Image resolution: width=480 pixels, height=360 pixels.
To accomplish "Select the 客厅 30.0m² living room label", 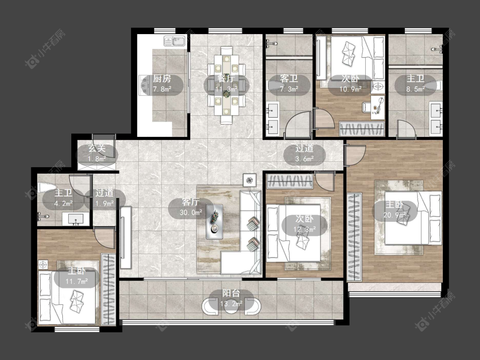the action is click(x=191, y=207).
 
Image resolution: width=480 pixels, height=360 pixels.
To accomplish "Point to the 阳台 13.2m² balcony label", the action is click(x=231, y=298).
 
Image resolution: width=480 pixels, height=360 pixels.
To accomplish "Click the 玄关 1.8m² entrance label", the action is click(x=97, y=154).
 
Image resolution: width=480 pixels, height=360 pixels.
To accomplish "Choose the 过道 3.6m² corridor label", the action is click(x=304, y=154).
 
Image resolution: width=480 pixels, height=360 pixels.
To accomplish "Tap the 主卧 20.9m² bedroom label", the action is click(x=395, y=210).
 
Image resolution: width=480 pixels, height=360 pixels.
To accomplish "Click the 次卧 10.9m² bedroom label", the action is click(x=351, y=84).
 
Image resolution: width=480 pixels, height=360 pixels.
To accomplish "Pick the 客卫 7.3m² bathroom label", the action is click(x=289, y=84).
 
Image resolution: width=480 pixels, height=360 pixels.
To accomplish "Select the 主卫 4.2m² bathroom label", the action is click(x=64, y=197).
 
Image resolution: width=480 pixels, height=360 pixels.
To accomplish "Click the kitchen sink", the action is click(x=175, y=41).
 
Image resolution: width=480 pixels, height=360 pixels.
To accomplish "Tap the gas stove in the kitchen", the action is click(x=144, y=85).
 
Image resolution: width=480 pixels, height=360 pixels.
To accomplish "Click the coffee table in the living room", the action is click(x=214, y=221).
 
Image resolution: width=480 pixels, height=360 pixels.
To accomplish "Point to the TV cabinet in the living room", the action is click(x=126, y=238).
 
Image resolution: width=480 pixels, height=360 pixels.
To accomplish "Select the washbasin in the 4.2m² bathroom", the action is click(x=76, y=219).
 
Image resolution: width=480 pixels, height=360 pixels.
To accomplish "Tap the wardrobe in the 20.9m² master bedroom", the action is click(x=354, y=237).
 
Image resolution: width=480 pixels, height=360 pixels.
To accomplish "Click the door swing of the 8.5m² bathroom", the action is click(x=406, y=128).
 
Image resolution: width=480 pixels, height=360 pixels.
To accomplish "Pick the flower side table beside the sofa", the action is click(x=250, y=180).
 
